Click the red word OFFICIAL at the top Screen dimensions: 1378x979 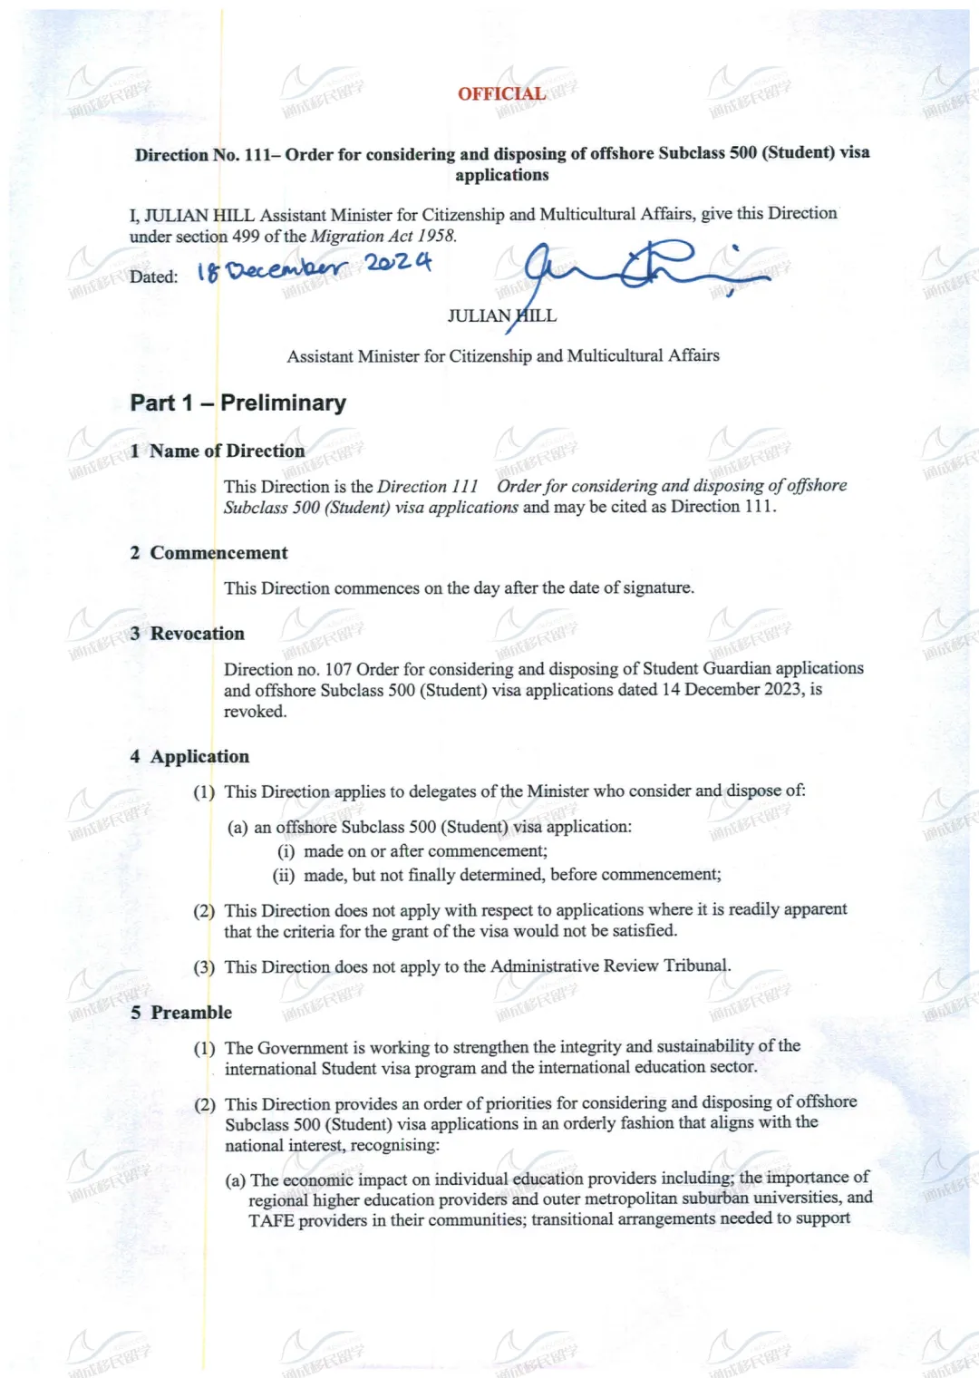click(501, 93)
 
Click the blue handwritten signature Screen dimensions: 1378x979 click(635, 269)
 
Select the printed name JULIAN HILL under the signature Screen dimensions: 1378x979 click(501, 315)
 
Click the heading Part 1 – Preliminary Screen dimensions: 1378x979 click(237, 403)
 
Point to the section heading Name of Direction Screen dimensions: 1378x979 click(227, 451)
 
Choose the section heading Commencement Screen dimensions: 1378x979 click(218, 553)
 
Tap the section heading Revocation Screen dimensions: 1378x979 click(197, 634)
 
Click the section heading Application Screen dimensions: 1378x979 click(199, 756)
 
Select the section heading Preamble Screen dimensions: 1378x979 click(191, 1012)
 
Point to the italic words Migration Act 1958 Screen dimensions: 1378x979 click(383, 236)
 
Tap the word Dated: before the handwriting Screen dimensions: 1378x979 click(153, 277)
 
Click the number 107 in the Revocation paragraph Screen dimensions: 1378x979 click(338, 669)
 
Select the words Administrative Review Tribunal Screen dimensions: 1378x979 click(610, 966)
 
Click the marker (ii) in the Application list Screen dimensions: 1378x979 click(284, 875)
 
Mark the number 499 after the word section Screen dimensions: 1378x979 click(246, 236)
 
